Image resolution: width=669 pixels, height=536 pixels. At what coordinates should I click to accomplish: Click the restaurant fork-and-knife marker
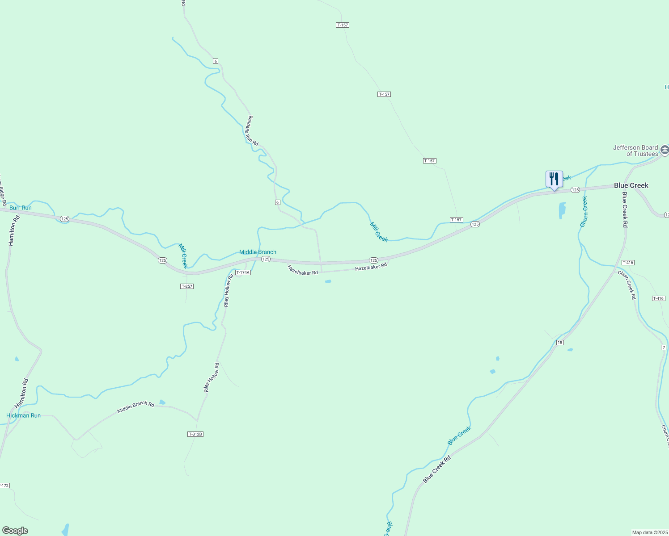[554, 180]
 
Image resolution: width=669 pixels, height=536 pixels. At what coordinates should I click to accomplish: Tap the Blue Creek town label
[631, 185]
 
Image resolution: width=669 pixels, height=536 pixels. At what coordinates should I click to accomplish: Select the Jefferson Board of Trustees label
[635, 151]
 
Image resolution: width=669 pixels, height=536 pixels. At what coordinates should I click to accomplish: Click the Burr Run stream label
[21, 208]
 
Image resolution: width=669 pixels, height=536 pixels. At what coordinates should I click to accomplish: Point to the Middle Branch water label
[258, 252]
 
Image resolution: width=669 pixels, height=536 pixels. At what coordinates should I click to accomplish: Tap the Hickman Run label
[23, 415]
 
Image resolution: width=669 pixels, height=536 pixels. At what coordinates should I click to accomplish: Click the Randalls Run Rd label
[253, 130]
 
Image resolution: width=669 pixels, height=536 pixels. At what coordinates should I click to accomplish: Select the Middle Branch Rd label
[135, 407]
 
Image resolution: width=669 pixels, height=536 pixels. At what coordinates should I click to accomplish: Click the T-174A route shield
[243, 272]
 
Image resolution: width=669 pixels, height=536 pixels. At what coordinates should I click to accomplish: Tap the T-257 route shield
[187, 286]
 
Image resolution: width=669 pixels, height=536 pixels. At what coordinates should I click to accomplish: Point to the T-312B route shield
[195, 434]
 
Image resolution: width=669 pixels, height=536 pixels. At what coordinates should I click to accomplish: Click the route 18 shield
[560, 343]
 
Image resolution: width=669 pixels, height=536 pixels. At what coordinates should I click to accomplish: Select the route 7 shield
[664, 348]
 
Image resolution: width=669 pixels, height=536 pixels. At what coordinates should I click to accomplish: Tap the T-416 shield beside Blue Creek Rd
[628, 263]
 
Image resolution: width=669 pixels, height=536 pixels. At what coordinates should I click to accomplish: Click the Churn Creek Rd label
[627, 285]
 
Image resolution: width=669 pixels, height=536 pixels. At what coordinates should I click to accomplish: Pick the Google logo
[15, 531]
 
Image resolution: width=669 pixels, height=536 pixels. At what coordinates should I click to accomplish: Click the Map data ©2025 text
[649, 532]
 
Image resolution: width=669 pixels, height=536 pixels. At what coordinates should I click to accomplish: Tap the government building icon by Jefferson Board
[665, 150]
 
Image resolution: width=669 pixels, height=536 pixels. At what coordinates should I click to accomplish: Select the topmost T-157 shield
[342, 25]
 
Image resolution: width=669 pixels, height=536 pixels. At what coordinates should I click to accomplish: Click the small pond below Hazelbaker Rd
[328, 281]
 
